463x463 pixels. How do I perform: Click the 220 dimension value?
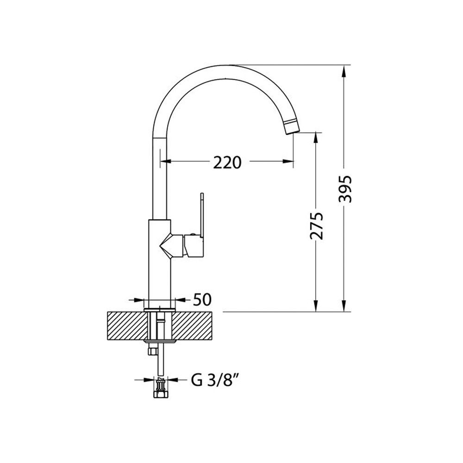227,163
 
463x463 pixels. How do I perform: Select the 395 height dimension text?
345,189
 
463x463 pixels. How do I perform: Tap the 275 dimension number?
317,226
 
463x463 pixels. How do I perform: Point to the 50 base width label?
202,300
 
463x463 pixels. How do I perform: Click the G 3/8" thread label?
215,380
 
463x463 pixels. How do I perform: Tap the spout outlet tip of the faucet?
291,127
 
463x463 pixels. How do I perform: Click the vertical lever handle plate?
202,215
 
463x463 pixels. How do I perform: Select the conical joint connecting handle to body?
172,245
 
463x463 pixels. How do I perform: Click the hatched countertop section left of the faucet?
127,325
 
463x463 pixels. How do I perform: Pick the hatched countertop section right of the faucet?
192,325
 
